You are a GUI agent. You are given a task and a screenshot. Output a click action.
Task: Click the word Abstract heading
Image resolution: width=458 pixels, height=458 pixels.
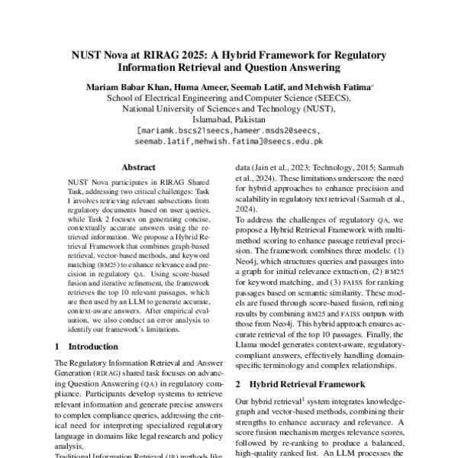click(x=138, y=166)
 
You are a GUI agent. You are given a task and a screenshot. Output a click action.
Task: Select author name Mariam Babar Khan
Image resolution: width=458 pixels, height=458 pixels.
click(x=129, y=87)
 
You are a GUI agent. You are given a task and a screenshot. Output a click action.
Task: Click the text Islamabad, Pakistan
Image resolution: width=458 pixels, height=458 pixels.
click(x=229, y=120)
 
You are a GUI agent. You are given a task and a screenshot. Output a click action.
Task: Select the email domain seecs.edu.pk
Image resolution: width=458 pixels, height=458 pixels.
click(x=296, y=141)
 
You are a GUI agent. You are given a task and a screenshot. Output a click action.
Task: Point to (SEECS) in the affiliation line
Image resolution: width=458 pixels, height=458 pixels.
click(x=331, y=98)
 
